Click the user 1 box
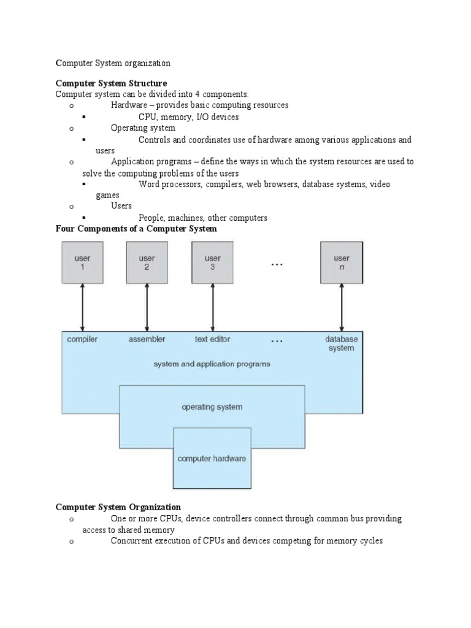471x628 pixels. (x=82, y=262)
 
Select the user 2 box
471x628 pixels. (x=147, y=262)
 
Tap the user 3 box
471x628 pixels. (x=213, y=262)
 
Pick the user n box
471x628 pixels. (x=342, y=262)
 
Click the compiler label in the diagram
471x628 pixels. (x=82, y=339)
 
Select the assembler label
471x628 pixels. (x=147, y=339)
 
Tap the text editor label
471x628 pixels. (x=213, y=339)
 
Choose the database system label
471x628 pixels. (x=342, y=343)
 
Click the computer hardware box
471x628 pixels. (x=212, y=458)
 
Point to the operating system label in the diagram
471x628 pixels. (x=212, y=407)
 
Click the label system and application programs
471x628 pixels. (x=212, y=364)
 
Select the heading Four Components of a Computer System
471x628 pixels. (x=136, y=229)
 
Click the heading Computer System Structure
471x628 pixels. (x=111, y=83)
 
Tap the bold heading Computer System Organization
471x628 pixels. (x=118, y=507)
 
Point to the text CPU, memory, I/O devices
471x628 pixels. (x=188, y=117)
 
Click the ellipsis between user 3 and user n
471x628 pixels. (x=277, y=264)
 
